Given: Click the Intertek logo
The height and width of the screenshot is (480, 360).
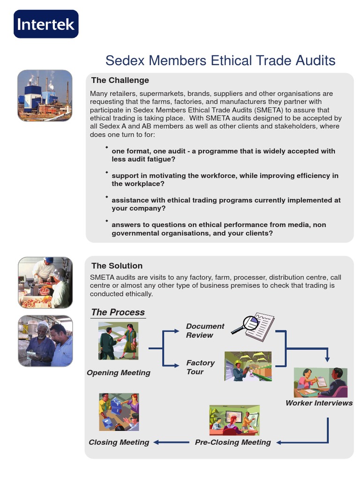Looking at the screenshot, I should [46, 24].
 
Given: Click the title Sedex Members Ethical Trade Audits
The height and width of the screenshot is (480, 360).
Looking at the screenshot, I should [220, 60].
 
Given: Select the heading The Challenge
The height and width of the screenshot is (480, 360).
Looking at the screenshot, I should [120, 80].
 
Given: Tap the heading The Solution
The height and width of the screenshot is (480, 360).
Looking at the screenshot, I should [117, 266].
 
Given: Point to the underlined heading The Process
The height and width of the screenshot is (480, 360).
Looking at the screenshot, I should [118, 312].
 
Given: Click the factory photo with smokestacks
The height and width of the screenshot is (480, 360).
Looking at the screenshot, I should [45, 96].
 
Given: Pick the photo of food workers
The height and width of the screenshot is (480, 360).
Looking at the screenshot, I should [45, 282].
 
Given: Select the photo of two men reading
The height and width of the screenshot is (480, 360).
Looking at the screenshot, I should [45, 341].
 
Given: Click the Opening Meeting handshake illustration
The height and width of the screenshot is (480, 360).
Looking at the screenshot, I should [118, 341].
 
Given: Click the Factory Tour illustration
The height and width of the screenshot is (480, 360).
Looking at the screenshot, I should [248, 366].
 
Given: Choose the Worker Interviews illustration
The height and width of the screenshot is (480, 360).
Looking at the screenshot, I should [320, 382].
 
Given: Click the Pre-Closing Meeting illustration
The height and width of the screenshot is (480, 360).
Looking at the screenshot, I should [234, 420].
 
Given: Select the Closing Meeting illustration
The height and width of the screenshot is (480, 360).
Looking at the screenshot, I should [119, 412].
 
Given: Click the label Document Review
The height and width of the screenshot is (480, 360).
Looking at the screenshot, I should [205, 330].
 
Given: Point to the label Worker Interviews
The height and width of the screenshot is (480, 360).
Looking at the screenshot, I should [319, 403].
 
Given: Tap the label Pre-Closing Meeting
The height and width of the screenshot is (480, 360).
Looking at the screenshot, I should [233, 442].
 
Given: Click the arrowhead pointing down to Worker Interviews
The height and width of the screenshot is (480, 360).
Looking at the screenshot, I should [328, 358].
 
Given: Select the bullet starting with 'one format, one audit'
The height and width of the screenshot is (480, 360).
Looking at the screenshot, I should [223, 155].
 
